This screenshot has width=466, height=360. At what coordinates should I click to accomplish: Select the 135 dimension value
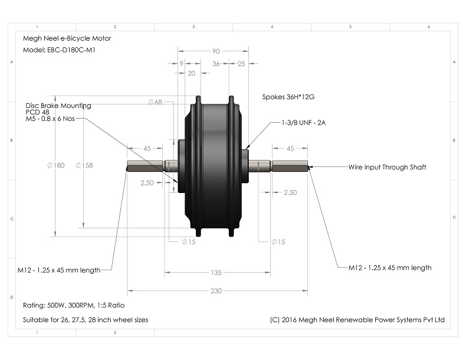(216, 273)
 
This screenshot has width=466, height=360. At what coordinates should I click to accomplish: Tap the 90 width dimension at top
(216, 51)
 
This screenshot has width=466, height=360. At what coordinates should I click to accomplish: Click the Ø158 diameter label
(84, 165)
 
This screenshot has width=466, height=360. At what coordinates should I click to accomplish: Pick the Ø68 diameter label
(156, 102)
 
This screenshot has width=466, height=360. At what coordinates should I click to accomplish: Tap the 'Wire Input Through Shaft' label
(387, 167)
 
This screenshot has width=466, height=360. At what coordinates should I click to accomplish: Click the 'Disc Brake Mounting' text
(58, 106)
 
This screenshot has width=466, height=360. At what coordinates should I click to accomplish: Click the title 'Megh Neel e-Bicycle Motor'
(67, 38)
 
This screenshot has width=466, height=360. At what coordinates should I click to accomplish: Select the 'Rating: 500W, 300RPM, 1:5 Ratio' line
(73, 305)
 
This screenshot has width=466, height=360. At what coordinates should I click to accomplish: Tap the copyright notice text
(356, 320)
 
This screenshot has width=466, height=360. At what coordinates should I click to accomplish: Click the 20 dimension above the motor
(191, 74)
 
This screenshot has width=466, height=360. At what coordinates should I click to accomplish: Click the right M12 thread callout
(390, 267)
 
